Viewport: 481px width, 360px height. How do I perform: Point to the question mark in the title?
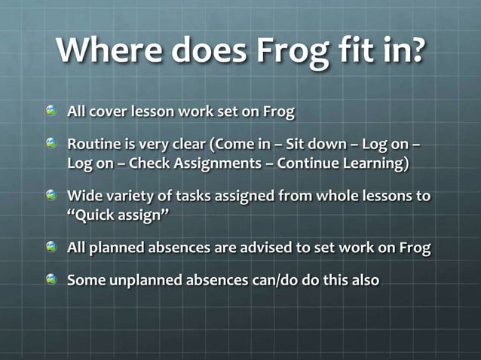(414, 51)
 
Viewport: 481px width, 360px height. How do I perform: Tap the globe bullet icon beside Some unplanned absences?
(51, 279)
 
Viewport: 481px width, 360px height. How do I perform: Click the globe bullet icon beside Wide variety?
(51, 196)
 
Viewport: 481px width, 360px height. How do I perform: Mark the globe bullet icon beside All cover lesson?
(51, 112)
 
